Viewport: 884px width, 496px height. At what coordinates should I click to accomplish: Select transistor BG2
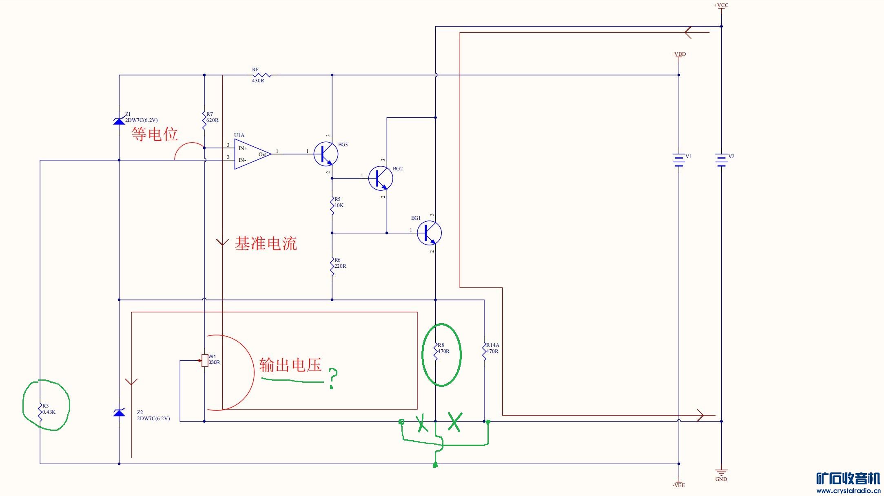[x=381, y=178]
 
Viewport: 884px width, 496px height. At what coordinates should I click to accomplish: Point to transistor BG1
[x=429, y=233]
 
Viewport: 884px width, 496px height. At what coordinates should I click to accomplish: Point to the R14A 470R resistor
[x=484, y=351]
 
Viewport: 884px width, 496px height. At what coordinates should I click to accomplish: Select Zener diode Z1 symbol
[x=119, y=121]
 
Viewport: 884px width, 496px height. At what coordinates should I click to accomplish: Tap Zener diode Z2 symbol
[x=119, y=413]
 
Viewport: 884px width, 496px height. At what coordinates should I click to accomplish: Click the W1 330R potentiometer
[x=204, y=361]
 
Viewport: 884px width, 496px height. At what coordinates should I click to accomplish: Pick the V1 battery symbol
[x=679, y=160]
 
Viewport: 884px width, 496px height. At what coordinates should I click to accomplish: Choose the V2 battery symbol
[x=721, y=160]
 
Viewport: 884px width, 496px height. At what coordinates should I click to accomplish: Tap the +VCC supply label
[x=721, y=5]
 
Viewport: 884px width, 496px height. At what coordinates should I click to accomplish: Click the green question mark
[x=333, y=378]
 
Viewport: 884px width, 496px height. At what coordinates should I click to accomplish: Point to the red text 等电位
[x=155, y=134]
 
